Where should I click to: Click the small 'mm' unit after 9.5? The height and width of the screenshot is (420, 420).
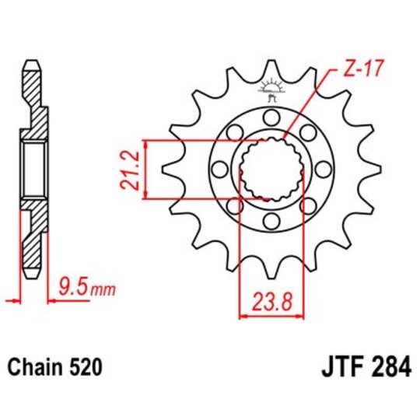click(103, 292)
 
